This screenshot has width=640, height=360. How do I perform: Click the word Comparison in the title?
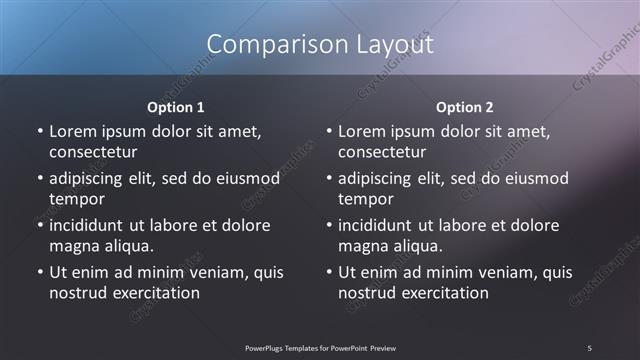click(269, 44)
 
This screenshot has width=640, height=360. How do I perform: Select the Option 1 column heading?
click(176, 107)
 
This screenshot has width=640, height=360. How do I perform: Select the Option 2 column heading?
click(465, 107)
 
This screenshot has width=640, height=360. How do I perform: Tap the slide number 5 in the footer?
click(589, 347)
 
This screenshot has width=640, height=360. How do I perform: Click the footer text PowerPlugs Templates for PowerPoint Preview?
click(320, 347)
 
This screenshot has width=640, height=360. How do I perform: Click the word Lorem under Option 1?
click(72, 131)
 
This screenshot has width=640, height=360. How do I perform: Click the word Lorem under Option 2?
click(361, 131)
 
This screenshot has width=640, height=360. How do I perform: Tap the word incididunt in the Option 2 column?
click(381, 225)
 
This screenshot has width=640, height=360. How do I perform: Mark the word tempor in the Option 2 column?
click(365, 199)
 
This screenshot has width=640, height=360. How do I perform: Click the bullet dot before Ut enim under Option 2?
click(329, 272)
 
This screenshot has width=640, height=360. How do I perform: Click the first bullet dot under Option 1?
click(40, 131)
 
